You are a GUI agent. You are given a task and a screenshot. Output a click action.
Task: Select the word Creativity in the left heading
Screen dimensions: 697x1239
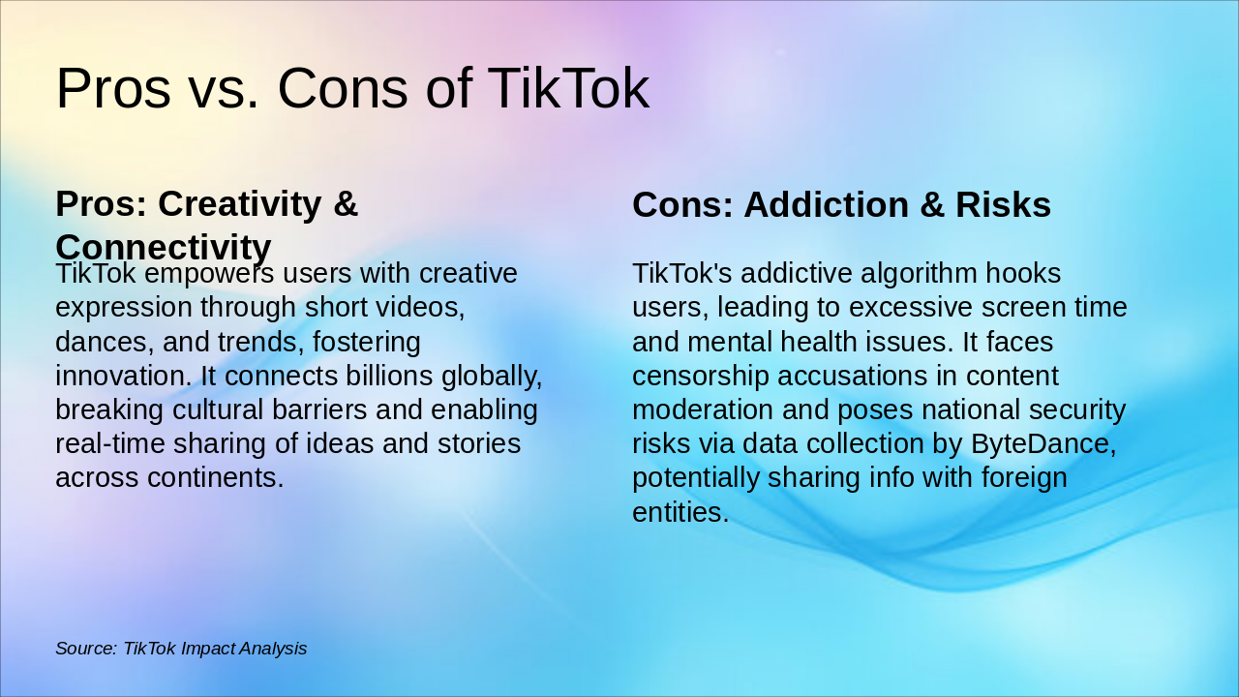click(239, 204)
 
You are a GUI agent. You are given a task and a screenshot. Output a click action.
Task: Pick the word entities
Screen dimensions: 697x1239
click(680, 511)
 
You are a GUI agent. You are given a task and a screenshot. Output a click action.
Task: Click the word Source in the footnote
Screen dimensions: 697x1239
click(85, 649)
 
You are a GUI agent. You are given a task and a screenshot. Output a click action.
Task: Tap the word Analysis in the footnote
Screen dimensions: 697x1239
click(272, 649)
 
